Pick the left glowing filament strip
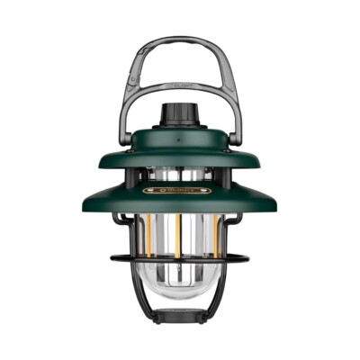pos(144,238)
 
